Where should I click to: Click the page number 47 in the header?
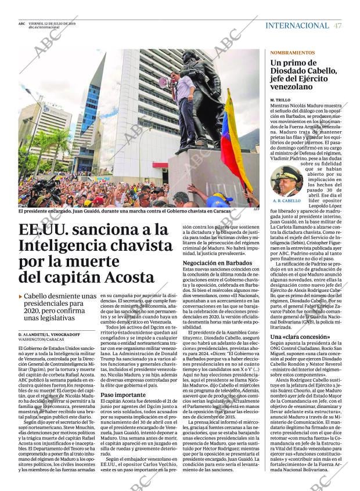(x=338, y=26)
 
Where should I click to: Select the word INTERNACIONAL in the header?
(x=297, y=26)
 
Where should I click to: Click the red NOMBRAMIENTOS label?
(x=292, y=52)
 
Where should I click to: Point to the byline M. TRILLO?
(x=280, y=100)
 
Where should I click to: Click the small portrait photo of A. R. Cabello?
(x=286, y=180)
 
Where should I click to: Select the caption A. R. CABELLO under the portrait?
(x=286, y=201)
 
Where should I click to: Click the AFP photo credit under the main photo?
(x=255, y=209)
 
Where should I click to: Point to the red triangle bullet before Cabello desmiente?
(x=20, y=297)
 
